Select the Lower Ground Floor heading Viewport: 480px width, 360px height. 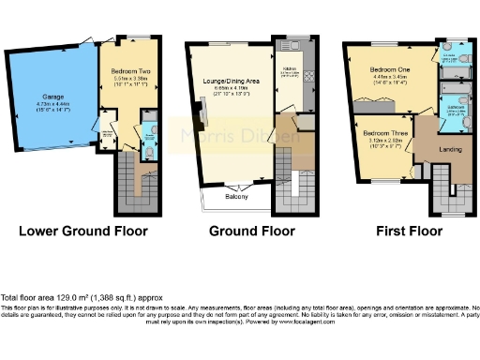click(81, 230)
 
